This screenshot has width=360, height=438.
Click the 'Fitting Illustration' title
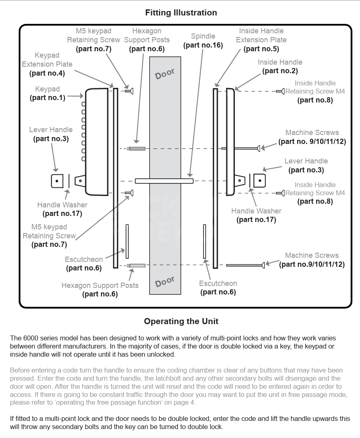click(x=181, y=13)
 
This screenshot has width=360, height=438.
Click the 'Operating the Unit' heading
click(x=181, y=321)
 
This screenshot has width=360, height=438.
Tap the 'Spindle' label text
click(x=203, y=36)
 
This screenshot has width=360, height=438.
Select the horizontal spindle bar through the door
click(x=164, y=180)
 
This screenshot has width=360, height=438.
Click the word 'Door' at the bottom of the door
click(x=165, y=282)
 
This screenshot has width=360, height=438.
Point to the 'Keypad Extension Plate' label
click(x=47, y=60)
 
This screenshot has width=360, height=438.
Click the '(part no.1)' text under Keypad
click(x=47, y=98)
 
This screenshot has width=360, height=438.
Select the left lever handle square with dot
click(x=57, y=181)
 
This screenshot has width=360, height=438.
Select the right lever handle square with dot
click(x=259, y=180)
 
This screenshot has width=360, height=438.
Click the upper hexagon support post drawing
click(x=136, y=148)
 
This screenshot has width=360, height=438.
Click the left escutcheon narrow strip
click(x=127, y=241)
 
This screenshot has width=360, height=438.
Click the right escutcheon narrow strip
click(x=204, y=241)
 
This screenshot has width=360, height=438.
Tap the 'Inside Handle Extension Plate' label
click(x=261, y=35)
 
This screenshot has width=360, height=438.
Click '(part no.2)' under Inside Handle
click(x=280, y=71)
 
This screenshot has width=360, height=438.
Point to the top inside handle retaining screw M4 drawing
click(x=280, y=92)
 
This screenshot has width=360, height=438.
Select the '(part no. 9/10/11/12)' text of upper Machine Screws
click(x=312, y=142)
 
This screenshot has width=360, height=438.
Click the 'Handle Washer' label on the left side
click(x=62, y=205)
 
